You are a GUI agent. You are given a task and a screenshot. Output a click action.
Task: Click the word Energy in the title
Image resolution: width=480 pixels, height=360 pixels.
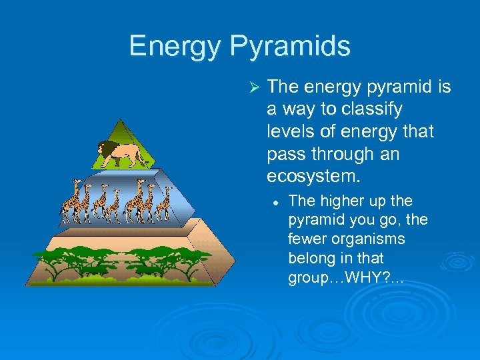[x=174, y=46]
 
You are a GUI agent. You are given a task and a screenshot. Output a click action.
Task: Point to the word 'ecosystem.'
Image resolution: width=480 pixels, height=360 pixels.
[x=313, y=176]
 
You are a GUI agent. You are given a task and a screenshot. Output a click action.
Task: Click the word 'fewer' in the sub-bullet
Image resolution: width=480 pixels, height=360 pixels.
[x=309, y=239]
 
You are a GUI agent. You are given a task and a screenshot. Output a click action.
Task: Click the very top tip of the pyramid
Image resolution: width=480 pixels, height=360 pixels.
[x=120, y=120]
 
